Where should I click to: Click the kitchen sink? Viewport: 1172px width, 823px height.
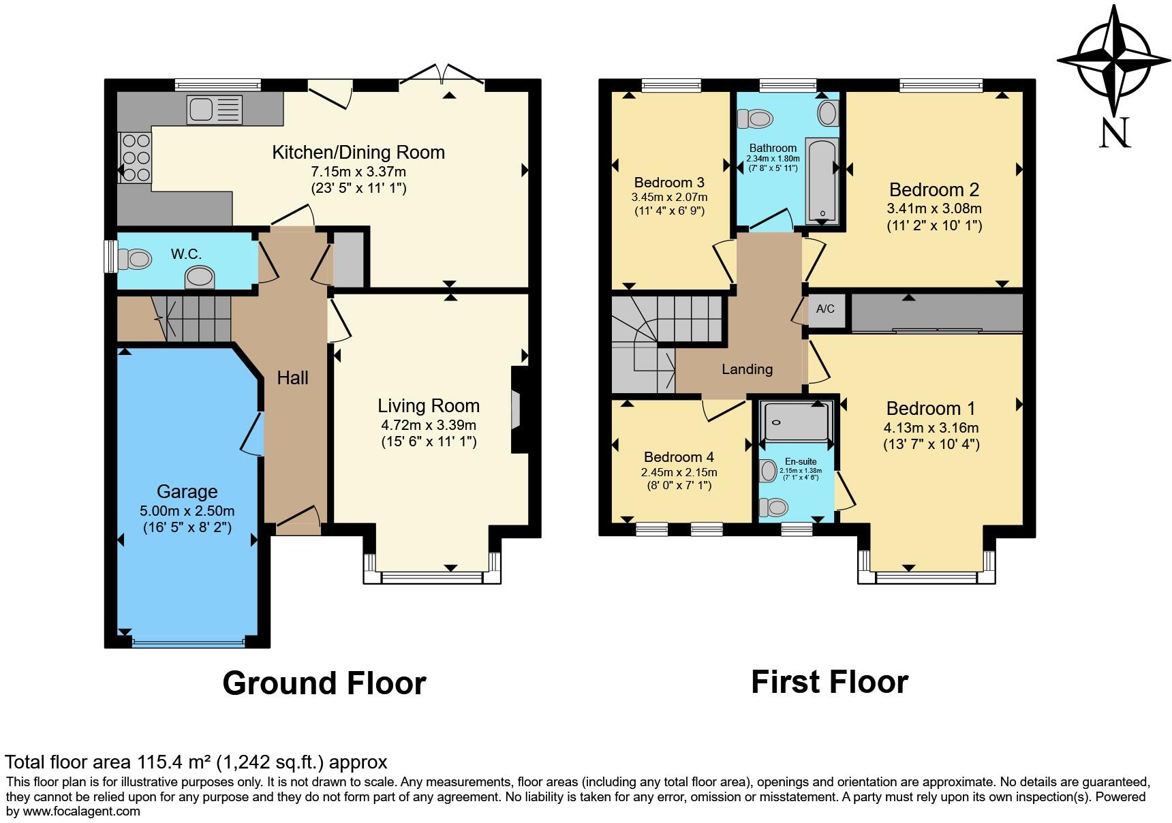(214, 110)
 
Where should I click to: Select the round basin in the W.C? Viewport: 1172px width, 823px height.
(200, 277)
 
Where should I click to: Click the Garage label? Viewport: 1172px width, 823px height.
(187, 491)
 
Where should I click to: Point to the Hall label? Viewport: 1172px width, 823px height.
(292, 378)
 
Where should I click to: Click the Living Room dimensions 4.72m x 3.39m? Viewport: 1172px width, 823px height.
(428, 425)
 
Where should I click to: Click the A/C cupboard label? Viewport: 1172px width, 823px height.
(825, 309)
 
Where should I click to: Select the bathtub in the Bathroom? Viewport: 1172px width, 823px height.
(822, 181)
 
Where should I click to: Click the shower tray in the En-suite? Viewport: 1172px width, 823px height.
(796, 422)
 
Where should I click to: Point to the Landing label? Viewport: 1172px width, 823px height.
(747, 369)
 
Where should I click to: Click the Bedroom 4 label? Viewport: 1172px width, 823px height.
(678, 456)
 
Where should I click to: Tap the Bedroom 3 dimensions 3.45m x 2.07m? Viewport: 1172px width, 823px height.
(669, 198)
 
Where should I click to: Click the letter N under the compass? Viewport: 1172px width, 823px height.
(1115, 133)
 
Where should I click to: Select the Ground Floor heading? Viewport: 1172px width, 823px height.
(324, 683)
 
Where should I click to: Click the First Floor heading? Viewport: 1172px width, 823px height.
(829, 681)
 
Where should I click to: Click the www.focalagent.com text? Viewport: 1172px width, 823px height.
(81, 811)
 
